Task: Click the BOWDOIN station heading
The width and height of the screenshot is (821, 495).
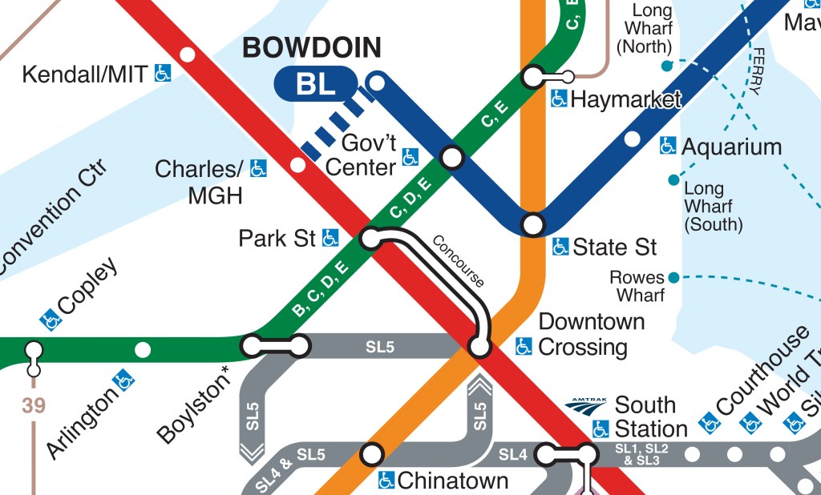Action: click(312, 48)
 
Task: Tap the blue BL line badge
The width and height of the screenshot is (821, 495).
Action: click(315, 83)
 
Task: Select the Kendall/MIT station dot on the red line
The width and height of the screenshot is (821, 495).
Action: click(188, 54)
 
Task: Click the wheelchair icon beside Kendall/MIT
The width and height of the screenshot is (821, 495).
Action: click(163, 74)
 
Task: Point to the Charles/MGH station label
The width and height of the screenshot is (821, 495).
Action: click(198, 181)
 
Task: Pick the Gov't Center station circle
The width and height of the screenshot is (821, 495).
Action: click(452, 157)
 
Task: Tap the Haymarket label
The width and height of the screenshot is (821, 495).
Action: click(625, 99)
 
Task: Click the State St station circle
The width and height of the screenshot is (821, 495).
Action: click(533, 223)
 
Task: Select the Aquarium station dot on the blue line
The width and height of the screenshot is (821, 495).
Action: click(633, 139)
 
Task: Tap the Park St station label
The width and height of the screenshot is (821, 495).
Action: click(277, 239)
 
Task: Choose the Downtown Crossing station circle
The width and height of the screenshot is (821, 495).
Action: click(479, 347)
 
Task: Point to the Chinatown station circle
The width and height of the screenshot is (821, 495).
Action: click(371, 454)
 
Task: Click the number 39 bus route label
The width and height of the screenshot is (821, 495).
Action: click(34, 405)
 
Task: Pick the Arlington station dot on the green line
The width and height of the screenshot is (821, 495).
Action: click(143, 349)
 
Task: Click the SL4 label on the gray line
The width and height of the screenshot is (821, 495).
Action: click(513, 455)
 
